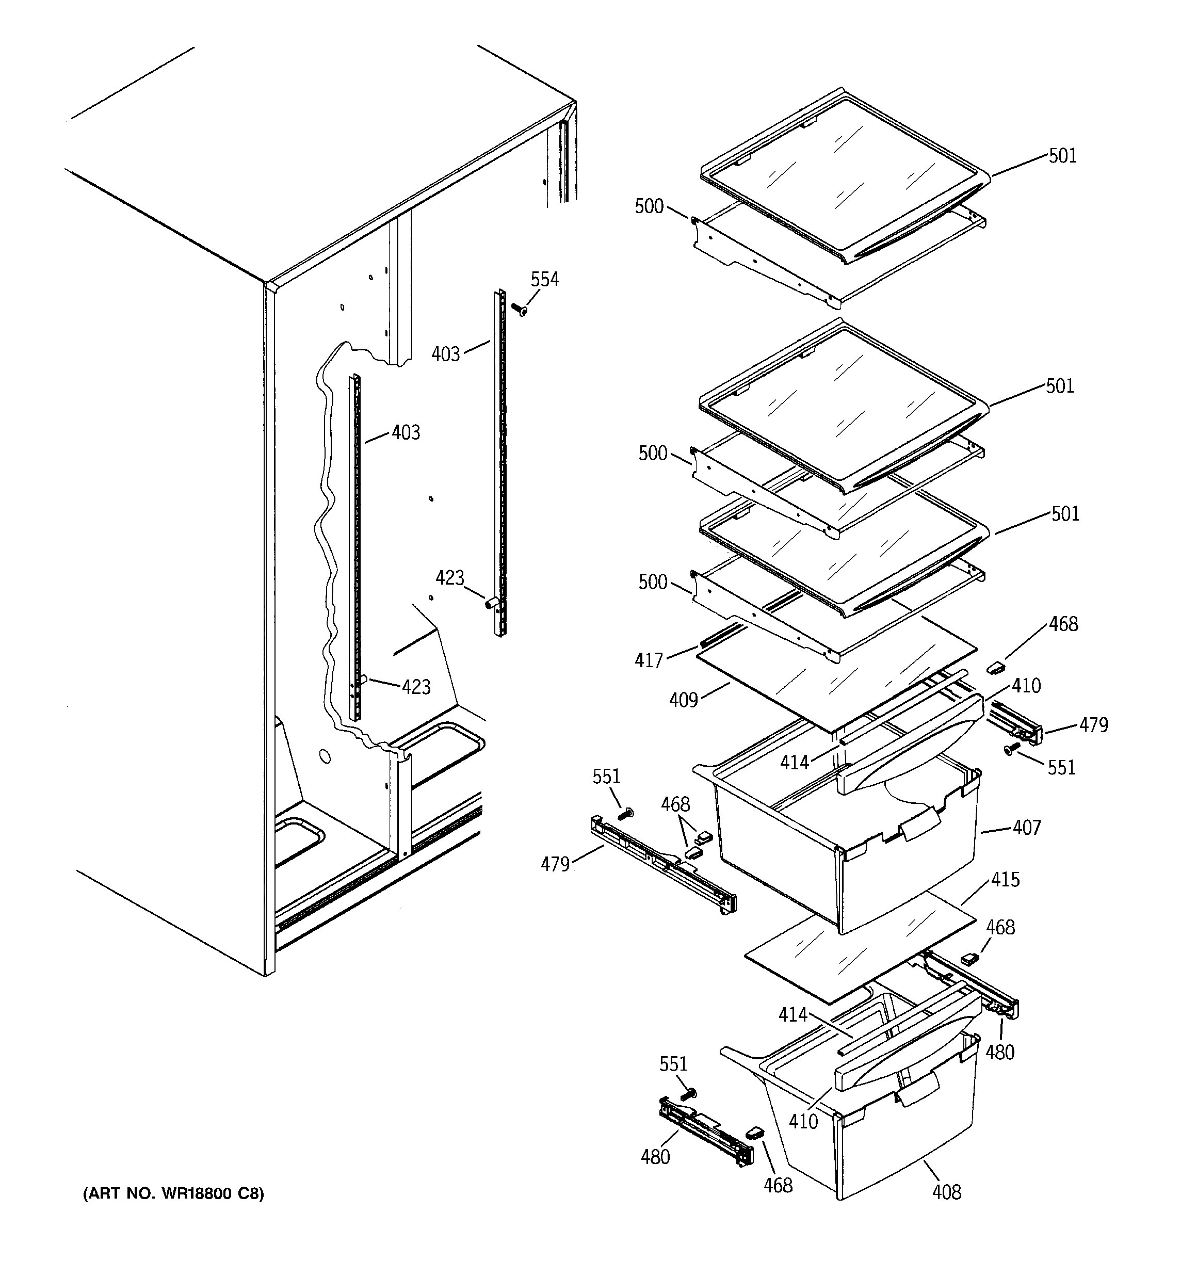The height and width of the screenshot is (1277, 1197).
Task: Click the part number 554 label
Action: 544,280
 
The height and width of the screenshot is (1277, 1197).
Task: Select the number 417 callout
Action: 649,660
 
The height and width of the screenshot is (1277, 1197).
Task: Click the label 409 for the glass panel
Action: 683,700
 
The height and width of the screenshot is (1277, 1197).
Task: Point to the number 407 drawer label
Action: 1026,828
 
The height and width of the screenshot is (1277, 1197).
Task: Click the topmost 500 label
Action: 649,206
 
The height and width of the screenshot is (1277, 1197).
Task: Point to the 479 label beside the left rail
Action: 555,865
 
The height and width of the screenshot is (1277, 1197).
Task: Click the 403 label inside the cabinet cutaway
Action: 406,432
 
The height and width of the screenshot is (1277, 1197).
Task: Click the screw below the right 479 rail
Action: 1011,748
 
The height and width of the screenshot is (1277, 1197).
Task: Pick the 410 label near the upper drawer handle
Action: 1026,686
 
